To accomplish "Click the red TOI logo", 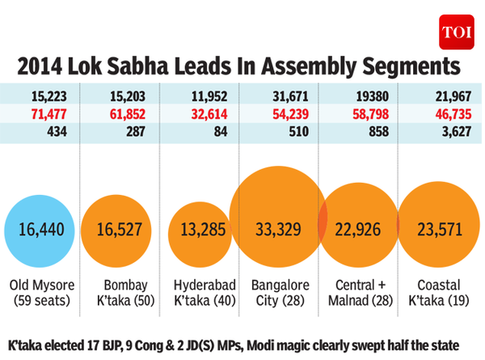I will click(x=454, y=32).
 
